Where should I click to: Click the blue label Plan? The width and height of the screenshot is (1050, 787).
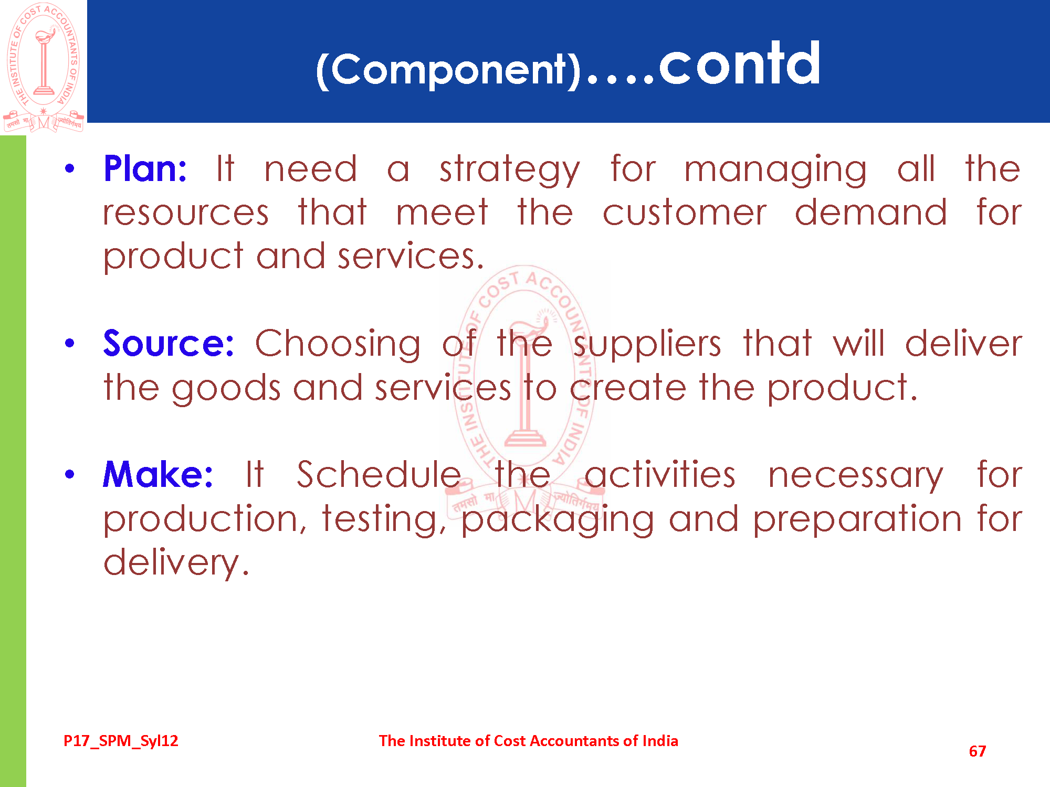[x=145, y=168]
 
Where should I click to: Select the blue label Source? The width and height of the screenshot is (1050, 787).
[x=169, y=343]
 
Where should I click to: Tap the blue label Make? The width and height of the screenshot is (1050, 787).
[x=158, y=474]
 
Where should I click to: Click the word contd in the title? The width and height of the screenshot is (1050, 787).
[x=739, y=63]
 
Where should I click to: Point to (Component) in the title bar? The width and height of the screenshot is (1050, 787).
[x=448, y=70]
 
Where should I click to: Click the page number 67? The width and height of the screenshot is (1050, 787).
[x=978, y=751]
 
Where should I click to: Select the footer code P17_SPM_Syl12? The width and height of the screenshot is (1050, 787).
[x=121, y=741]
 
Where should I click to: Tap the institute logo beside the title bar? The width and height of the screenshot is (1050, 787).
[x=44, y=67]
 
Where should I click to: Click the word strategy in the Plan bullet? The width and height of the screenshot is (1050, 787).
[x=510, y=171]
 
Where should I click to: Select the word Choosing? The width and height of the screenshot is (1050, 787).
[x=338, y=345]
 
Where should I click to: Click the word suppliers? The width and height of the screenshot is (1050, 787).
[x=647, y=345]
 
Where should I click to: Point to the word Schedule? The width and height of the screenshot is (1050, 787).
[x=379, y=474]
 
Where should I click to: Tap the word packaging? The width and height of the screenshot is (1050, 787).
[x=558, y=520]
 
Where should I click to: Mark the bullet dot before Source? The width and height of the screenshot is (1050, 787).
[x=70, y=344]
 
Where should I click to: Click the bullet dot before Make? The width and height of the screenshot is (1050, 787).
[x=70, y=475]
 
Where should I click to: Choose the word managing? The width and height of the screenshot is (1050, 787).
[x=775, y=171]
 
